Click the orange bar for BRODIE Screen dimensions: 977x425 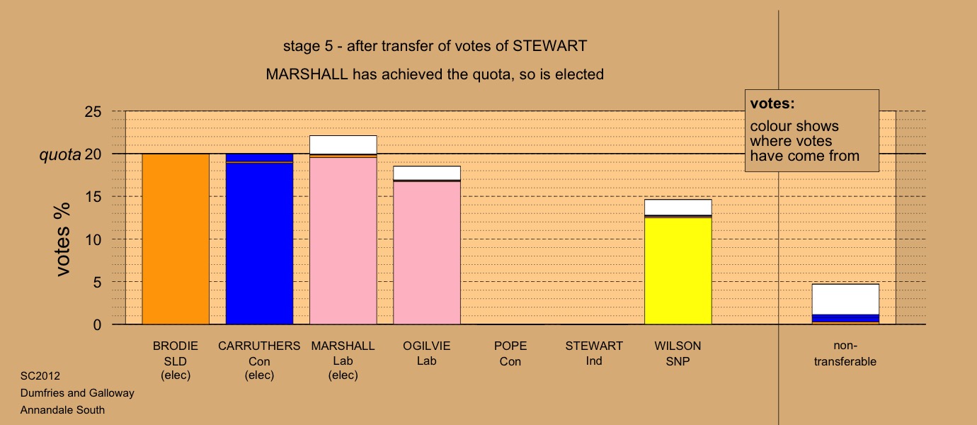(176, 239)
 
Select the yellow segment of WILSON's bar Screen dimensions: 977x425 (678, 271)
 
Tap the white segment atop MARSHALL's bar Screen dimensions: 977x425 (343, 145)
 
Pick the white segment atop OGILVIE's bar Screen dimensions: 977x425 (427, 173)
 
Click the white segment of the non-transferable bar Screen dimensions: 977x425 (845, 300)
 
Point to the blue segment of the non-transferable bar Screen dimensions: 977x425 (845, 318)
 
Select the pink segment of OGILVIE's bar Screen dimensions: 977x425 (427, 253)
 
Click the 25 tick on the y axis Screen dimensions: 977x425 (93, 112)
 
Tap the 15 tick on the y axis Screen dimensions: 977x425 (93, 197)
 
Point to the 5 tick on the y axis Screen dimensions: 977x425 (97, 283)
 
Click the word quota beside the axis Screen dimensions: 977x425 (60, 155)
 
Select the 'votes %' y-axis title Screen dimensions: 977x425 (63, 239)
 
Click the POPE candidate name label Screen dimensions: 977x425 (510, 346)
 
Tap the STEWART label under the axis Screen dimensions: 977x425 (594, 346)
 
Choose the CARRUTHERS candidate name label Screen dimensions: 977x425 (259, 346)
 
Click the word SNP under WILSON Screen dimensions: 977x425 (678, 361)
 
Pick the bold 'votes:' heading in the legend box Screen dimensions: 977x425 (772, 104)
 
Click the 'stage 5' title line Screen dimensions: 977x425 (435, 46)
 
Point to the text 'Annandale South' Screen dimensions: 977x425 (62, 410)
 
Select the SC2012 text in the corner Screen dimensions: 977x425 (40, 376)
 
